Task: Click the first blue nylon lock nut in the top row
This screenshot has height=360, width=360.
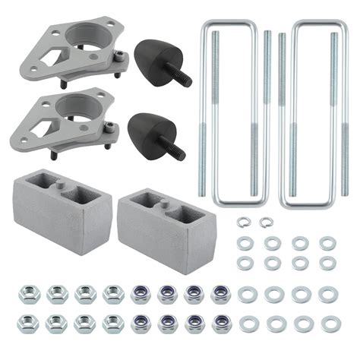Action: (x=141, y=293)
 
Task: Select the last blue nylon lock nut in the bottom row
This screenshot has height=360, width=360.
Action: (x=222, y=323)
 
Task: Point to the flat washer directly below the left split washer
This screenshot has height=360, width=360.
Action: (x=245, y=243)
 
